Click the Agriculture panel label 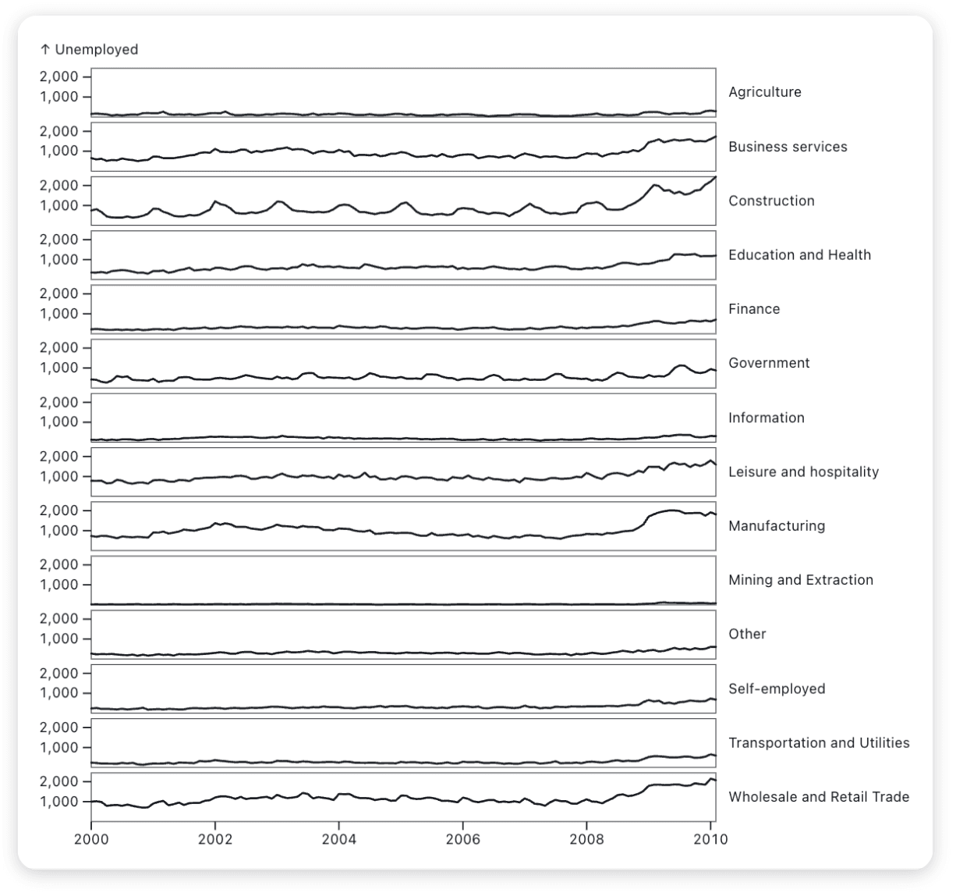tap(764, 92)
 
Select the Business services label tap(788, 147)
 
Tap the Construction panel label tap(771, 201)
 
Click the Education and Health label tap(799, 254)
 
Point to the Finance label tap(754, 309)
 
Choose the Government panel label tap(769, 363)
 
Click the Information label tap(766, 418)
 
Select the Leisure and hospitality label tap(803, 471)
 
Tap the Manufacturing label tap(776, 526)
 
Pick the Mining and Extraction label tap(800, 580)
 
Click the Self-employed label tap(776, 688)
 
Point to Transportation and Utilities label tap(819, 742)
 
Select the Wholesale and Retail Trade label tap(819, 797)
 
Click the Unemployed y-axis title tap(89, 49)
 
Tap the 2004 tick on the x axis tap(338, 839)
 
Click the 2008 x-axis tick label tap(586, 839)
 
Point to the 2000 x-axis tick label tap(91, 839)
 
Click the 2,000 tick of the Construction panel tap(58, 186)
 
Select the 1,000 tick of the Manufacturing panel tap(58, 531)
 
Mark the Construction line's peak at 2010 tap(714, 178)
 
